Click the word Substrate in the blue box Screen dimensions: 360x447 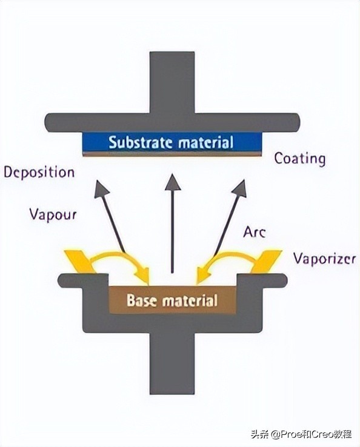click(141, 142)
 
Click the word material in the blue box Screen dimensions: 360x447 click(206, 142)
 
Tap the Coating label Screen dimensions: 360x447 click(300, 159)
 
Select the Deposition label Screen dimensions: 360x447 click(39, 173)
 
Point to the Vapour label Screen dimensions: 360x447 click(53, 214)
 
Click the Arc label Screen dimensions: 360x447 click(254, 232)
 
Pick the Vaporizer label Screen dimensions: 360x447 click(325, 259)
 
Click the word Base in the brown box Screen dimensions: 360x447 click(142, 300)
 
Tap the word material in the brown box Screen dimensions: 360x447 click(190, 300)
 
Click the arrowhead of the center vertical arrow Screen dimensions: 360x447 click(173, 182)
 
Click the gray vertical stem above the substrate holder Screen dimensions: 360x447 click(172, 82)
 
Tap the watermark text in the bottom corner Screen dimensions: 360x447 click(301, 434)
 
